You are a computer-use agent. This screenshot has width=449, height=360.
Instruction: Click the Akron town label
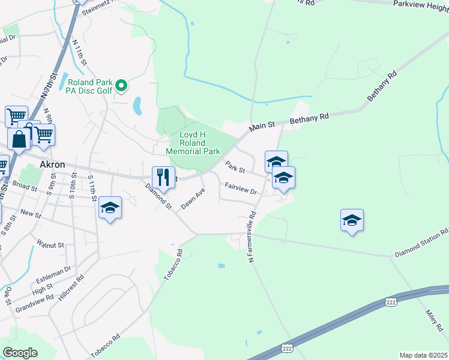point(52,164)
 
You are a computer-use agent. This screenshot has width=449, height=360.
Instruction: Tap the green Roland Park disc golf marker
point(121,86)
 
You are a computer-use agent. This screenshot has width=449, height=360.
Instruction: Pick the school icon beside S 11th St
point(110,207)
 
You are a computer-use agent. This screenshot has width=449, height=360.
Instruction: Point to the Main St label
point(262,125)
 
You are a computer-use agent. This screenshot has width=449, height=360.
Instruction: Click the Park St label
point(235,166)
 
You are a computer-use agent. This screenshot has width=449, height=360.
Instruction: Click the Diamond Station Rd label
point(421,244)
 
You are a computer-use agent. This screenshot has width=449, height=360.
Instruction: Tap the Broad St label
point(25,187)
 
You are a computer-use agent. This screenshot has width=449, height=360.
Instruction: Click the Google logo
point(20,353)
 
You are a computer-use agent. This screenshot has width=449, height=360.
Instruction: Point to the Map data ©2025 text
point(423,355)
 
